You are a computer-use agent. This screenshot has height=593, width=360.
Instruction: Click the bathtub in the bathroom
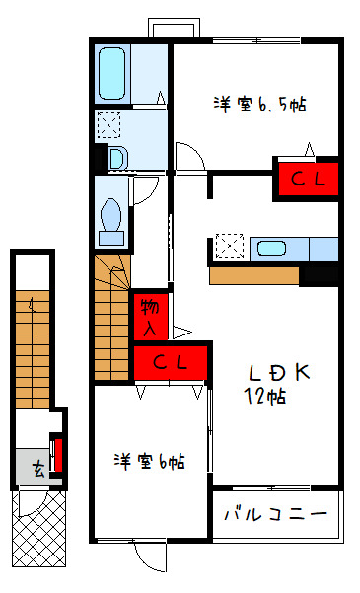click(111, 73)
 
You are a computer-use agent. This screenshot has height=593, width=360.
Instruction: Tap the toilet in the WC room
click(111, 222)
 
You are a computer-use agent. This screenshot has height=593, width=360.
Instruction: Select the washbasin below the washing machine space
click(117, 158)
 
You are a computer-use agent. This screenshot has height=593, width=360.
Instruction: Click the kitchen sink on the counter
click(271, 248)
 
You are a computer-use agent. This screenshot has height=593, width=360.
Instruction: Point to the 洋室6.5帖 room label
click(260, 105)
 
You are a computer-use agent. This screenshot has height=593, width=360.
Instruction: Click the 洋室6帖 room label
click(150, 462)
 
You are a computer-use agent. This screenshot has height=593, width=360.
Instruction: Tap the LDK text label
click(279, 373)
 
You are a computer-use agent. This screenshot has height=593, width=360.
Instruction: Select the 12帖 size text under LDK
click(264, 396)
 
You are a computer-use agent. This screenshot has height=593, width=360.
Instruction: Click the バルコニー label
click(276, 514)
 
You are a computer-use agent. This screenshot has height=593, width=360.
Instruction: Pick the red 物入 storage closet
click(151, 317)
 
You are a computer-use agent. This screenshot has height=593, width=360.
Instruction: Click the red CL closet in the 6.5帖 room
click(309, 179)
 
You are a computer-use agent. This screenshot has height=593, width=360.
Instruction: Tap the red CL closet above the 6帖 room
click(171, 363)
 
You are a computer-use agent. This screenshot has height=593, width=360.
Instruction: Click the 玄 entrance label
click(37, 470)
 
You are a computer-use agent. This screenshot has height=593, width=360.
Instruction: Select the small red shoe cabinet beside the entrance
click(58, 455)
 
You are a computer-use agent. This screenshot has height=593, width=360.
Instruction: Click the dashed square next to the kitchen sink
click(229, 246)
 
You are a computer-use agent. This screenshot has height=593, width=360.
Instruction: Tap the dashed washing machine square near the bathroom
click(108, 124)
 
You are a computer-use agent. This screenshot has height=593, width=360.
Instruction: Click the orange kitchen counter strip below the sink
click(254, 276)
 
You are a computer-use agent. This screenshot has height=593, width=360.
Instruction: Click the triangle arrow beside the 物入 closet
click(182, 333)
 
